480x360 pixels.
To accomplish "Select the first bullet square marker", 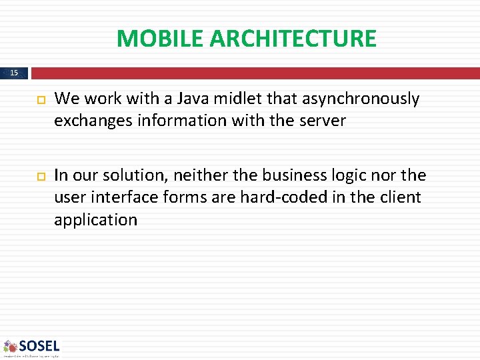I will click(x=39, y=100).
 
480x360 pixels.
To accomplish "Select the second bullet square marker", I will click(x=39, y=176).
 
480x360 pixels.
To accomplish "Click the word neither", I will click(x=199, y=175).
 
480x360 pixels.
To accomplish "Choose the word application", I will click(x=95, y=220).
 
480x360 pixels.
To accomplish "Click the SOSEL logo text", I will click(x=39, y=345).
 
